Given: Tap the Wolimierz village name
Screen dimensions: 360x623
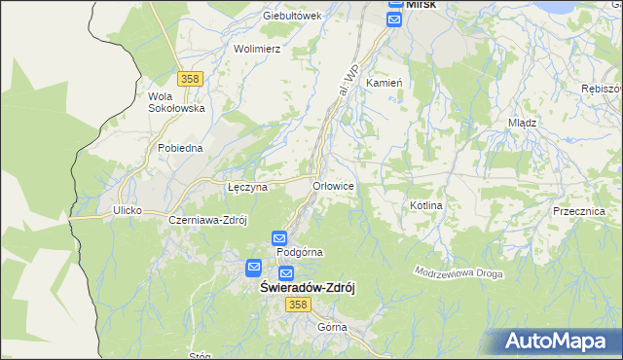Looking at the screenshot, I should click(257, 48).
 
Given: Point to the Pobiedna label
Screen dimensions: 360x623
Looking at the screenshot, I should click(180, 148).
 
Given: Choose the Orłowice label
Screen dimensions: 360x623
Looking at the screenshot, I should click(332, 186).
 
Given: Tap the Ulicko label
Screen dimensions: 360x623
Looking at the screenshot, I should click(128, 210).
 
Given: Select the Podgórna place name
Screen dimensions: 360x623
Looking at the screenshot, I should click(300, 252).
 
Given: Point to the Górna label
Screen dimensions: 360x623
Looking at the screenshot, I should click(332, 327).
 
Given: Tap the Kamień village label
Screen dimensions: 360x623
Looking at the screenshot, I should click(384, 84).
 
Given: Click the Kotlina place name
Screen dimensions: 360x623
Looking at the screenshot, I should click(426, 206).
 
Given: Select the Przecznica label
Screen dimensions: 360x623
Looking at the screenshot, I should click(578, 211).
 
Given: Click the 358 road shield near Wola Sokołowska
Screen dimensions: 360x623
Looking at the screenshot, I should click(190, 78).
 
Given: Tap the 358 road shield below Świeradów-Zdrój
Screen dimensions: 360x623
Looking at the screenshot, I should click(298, 306).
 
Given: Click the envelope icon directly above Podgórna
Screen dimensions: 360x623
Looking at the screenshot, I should click(279, 237).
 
